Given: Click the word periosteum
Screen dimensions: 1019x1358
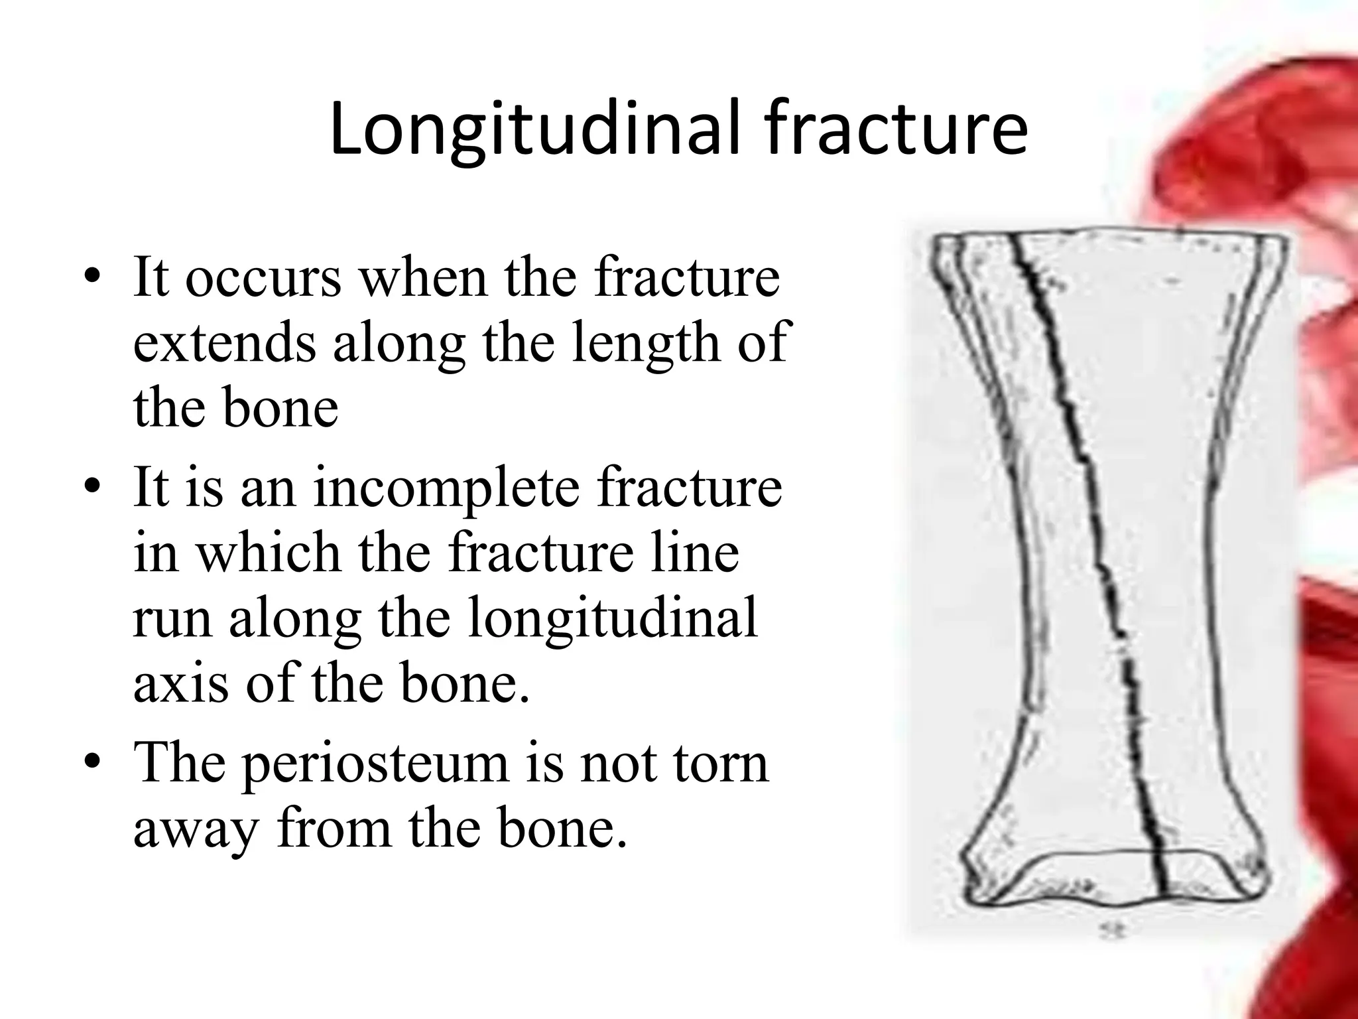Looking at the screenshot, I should pyautogui.click(x=374, y=763).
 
